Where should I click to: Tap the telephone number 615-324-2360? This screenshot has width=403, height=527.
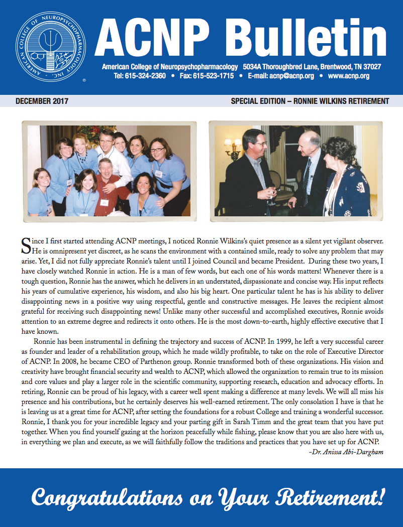(x=147, y=76)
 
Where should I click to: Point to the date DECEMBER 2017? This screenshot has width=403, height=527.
(x=42, y=101)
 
